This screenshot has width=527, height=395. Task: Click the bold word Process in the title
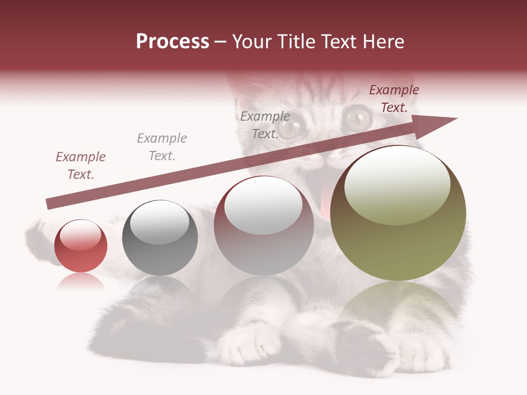click(172, 42)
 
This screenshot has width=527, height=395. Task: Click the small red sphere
click(81, 246)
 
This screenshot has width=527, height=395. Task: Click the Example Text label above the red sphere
click(81, 166)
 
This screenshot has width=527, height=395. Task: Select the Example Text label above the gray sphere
click(161, 147)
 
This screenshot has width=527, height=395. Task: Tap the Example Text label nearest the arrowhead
click(394, 99)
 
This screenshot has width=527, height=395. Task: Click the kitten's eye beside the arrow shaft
click(289, 128)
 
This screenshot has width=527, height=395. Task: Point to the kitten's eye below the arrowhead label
click(358, 116)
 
